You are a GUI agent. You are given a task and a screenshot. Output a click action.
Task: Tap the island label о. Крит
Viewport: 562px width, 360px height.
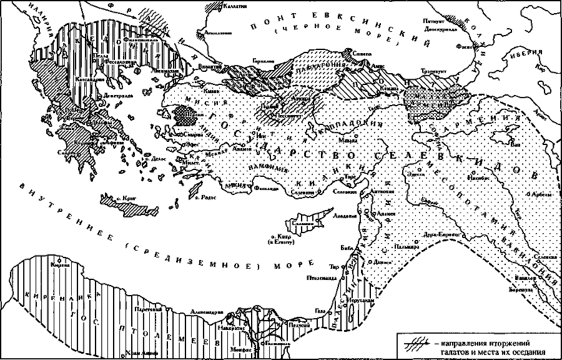tap(127, 198)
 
